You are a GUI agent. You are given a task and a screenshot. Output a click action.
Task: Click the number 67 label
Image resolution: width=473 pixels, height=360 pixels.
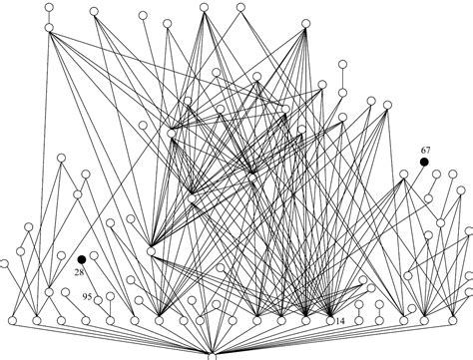click(x=425, y=150)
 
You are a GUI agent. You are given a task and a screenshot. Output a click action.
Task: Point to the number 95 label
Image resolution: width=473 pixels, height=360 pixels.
click(x=88, y=297)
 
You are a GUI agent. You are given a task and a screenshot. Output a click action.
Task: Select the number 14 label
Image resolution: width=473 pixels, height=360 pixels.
click(x=341, y=321)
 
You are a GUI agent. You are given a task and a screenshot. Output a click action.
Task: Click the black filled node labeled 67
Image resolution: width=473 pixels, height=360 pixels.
click(x=423, y=162)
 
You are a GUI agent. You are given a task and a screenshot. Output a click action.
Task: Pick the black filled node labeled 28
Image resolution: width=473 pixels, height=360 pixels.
click(x=82, y=258)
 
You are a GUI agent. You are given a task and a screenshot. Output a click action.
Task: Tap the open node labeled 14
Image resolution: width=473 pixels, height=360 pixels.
click(x=330, y=321)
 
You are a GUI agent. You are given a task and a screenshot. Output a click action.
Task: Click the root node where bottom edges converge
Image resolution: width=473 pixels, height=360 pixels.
click(x=212, y=354)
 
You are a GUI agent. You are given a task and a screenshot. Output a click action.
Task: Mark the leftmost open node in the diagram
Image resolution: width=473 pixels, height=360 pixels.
click(x=4, y=264)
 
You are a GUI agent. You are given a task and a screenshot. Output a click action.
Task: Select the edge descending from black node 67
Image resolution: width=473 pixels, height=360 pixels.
click(x=414, y=169)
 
